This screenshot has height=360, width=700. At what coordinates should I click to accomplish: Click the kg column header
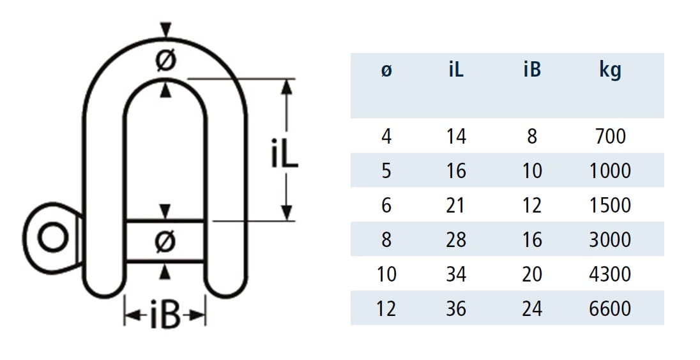pyautogui.click(x=610, y=70)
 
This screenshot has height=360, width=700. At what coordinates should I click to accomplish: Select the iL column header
pyautogui.click(x=456, y=70)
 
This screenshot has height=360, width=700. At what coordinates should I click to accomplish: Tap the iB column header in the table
pyautogui.click(x=532, y=70)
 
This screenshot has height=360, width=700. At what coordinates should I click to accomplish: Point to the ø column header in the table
pyautogui.click(x=386, y=70)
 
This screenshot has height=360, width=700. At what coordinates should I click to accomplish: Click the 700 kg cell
pyautogui.click(x=610, y=136)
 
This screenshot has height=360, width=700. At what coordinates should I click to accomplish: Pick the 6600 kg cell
pyautogui.click(x=610, y=309)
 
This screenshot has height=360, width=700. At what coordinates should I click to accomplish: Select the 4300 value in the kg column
pyautogui.click(x=610, y=274)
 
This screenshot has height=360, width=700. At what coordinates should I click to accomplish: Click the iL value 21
pyautogui.click(x=456, y=206)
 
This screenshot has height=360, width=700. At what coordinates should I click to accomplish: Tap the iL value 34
pyautogui.click(x=456, y=274)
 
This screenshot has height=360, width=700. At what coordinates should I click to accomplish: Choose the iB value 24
pyautogui.click(x=532, y=309)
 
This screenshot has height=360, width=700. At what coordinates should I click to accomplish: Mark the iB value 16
pyautogui.click(x=532, y=240)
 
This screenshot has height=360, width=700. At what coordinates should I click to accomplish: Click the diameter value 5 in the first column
pyautogui.click(x=386, y=171)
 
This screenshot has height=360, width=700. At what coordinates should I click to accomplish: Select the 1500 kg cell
pyautogui.click(x=610, y=206)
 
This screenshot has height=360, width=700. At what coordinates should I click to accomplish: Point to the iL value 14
pyautogui.click(x=456, y=136)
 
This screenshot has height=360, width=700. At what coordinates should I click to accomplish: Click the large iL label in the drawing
pyautogui.click(x=284, y=153)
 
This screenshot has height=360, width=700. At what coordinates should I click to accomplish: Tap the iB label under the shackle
pyautogui.click(x=165, y=317)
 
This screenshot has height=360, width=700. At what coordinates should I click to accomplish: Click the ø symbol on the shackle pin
pyautogui.click(x=165, y=241)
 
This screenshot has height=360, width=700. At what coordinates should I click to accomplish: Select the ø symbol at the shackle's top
pyautogui.click(x=165, y=61)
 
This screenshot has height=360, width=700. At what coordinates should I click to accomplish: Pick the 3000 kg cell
pyautogui.click(x=610, y=240)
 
